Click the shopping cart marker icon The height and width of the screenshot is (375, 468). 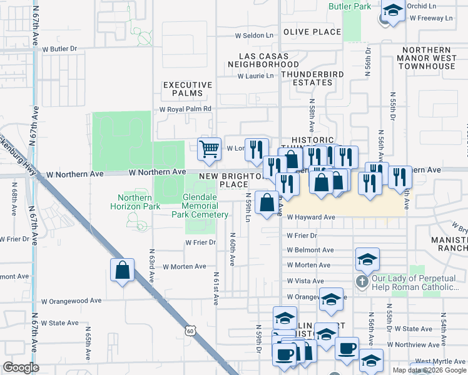point(210,149)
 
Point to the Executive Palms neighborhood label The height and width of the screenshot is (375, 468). point(183,89)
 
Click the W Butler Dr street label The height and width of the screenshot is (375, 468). point(59,48)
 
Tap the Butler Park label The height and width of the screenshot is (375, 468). point(350,6)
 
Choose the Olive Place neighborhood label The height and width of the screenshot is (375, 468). point(312,32)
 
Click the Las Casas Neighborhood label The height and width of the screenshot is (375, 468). point(263,59)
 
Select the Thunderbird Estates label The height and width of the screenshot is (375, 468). point(307,78)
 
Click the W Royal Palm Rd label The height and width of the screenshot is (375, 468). point(186,108)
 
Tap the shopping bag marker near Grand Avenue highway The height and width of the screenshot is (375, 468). point(123,271)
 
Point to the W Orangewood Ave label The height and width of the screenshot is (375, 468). point(71,301)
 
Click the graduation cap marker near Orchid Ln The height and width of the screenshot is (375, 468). point(393,11)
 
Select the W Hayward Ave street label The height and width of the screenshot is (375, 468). point(312,217)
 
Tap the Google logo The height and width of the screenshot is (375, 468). point(21,367)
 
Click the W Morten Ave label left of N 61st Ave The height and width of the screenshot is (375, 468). point(184,266)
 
